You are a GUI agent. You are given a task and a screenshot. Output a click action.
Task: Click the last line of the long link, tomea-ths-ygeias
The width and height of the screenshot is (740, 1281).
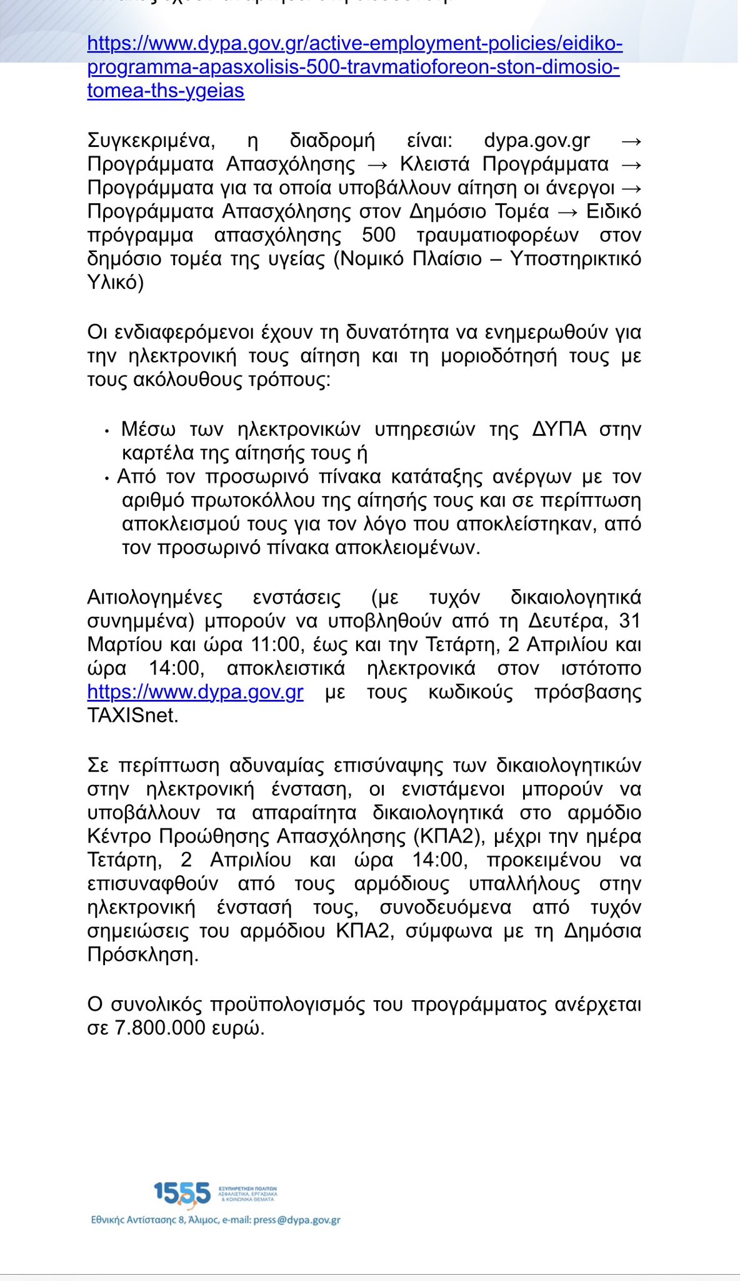[x=166, y=91]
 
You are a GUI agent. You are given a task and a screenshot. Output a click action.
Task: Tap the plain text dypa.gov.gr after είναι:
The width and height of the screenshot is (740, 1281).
[x=537, y=141]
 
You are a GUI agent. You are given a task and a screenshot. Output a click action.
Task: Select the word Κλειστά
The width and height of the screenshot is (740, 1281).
[x=435, y=165]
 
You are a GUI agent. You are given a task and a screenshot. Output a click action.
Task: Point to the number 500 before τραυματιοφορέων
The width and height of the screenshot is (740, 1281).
[x=379, y=235]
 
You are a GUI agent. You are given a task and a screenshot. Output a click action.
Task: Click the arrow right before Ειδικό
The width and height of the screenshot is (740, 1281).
[x=567, y=212]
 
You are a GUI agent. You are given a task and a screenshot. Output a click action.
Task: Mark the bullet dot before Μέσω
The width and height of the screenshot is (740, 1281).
[x=107, y=431]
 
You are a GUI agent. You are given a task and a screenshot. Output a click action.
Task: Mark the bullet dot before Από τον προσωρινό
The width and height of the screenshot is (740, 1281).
[x=107, y=478]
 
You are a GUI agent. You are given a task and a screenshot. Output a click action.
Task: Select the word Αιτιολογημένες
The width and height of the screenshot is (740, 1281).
[x=154, y=597]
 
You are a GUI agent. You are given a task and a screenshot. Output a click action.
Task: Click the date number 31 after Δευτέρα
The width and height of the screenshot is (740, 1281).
[x=629, y=621]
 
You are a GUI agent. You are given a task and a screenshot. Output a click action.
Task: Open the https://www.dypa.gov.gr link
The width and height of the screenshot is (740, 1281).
[x=196, y=692]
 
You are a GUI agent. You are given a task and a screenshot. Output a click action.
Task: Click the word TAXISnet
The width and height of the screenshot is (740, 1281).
[x=132, y=716]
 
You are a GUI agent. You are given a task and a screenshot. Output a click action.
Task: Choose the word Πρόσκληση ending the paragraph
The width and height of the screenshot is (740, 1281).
[x=142, y=955]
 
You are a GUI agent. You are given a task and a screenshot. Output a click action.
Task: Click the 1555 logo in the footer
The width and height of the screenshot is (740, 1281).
[x=182, y=1193]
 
